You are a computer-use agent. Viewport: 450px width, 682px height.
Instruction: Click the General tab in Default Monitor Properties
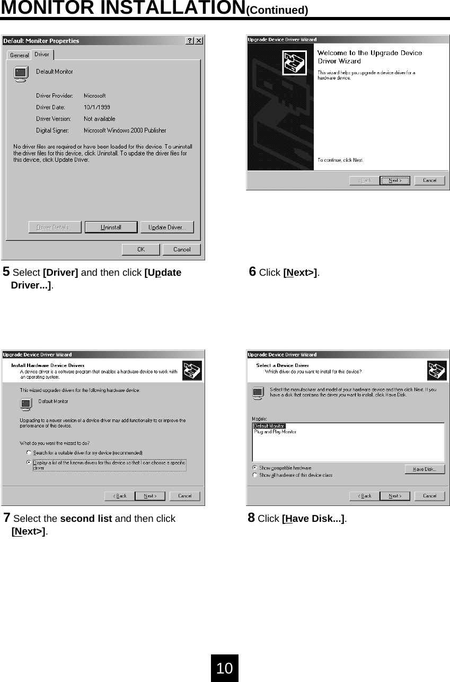tap(20, 55)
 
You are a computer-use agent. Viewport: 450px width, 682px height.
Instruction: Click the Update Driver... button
tap(166, 228)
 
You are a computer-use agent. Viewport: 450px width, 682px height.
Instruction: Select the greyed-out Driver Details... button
tap(55, 228)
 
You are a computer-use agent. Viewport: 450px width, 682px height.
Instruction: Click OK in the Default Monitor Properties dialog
tap(140, 249)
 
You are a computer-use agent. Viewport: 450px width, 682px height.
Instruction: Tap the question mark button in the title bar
tap(190, 41)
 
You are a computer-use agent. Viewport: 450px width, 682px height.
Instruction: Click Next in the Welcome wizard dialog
tap(395, 180)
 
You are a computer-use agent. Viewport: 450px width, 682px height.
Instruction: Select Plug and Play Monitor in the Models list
tap(275, 432)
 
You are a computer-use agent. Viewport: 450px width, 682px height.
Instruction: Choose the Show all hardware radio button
tap(255, 475)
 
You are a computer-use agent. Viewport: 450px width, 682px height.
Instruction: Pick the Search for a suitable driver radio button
tap(29, 453)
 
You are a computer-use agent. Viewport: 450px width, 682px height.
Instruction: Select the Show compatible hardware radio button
tap(255, 468)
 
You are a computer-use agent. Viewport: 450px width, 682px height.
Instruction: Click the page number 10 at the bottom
tap(225, 668)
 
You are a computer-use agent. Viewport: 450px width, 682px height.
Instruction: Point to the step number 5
tap(6, 273)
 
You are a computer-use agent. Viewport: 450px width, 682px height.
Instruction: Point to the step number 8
tap(251, 518)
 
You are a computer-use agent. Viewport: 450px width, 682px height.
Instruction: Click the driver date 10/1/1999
tap(97, 107)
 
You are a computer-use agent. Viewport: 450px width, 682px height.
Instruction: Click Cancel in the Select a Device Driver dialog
tap(429, 496)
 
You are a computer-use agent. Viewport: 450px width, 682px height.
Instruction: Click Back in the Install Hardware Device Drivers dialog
tap(119, 496)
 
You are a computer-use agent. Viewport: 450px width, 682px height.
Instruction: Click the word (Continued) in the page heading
tap(277, 10)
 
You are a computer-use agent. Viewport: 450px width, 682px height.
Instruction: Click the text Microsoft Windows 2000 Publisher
tap(125, 130)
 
